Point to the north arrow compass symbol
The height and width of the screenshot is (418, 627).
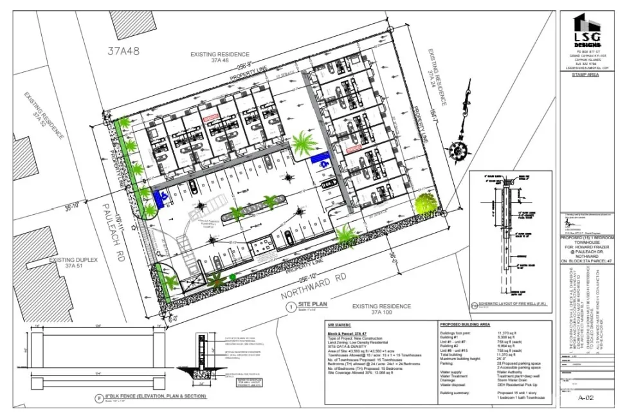tap(459, 147)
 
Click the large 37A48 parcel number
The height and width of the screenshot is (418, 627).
tap(125, 50)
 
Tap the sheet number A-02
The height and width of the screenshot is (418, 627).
tap(585, 398)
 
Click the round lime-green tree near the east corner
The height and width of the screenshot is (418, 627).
tap(424, 204)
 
